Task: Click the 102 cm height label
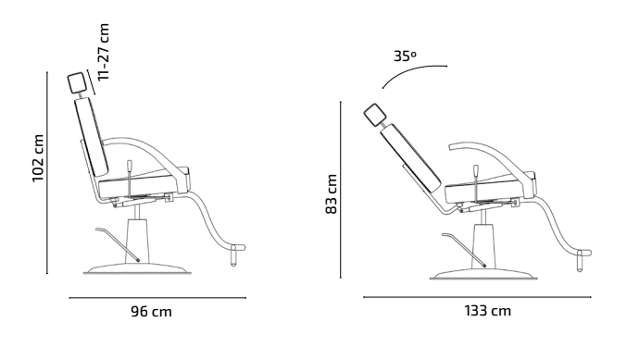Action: pos(38,158)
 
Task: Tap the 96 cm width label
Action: pos(151,312)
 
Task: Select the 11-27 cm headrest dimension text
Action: pos(103,52)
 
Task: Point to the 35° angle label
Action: pos(405,56)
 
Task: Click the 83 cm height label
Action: pos(332,194)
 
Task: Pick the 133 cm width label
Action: pos(487,311)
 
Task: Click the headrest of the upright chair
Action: pos(76,83)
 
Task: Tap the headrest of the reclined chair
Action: pos(375,115)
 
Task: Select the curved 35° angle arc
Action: pos(412,70)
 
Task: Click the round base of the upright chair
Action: pos(138,269)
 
